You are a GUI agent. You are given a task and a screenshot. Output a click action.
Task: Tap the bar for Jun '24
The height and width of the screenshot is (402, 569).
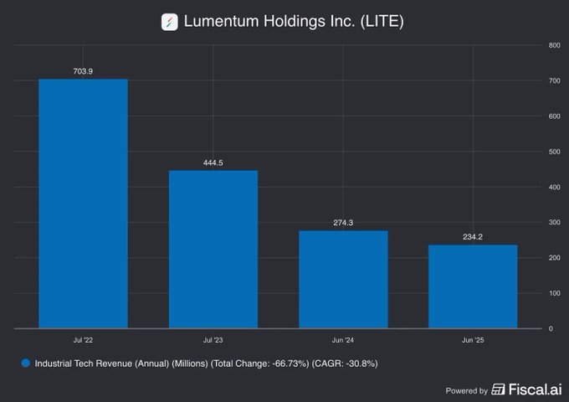[343, 280]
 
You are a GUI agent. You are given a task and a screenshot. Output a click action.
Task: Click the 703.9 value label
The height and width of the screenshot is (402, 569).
[84, 71]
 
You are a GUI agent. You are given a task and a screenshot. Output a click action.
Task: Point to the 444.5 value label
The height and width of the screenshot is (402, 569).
[213, 162]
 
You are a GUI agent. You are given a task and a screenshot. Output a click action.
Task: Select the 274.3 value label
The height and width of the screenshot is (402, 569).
[343, 223]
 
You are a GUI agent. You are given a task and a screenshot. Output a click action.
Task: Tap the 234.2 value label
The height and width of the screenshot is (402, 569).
[473, 237]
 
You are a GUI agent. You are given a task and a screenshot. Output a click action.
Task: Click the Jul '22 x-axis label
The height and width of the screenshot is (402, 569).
[84, 340]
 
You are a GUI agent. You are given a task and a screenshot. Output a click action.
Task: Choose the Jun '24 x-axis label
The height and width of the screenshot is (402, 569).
[343, 340]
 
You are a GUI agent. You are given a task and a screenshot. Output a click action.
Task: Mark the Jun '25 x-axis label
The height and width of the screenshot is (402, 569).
[473, 340]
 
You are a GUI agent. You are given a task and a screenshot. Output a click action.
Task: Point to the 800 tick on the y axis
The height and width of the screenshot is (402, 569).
[554, 45]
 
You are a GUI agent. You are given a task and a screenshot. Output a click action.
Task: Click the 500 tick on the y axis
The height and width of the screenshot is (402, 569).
[554, 152]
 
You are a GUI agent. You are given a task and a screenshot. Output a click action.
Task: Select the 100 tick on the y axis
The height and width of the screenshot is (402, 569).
[554, 293]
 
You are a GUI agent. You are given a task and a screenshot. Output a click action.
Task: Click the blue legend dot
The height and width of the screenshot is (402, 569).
[25, 363]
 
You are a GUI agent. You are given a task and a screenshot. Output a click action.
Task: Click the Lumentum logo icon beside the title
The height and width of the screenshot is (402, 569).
[170, 22]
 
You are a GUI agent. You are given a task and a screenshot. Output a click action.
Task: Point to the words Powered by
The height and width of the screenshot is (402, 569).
[467, 390]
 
